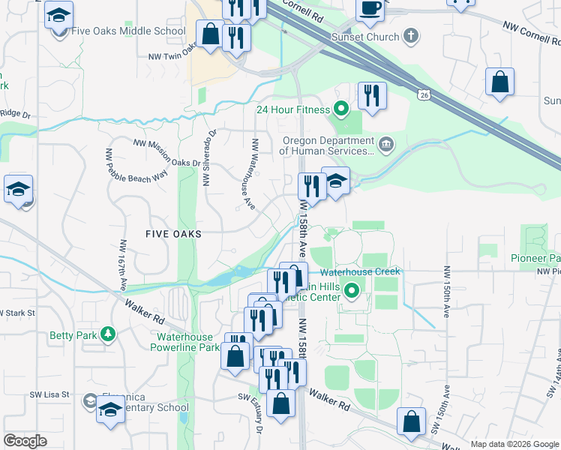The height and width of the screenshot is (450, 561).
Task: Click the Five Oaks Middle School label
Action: [127, 31]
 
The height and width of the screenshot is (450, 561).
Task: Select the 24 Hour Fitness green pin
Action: [341, 109]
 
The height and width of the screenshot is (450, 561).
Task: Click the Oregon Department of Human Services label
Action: [327, 145]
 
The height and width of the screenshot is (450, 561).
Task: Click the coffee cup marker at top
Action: [370, 9]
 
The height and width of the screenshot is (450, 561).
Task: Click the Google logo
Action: [25, 441]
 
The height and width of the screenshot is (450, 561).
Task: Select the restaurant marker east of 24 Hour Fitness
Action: [371, 96]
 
